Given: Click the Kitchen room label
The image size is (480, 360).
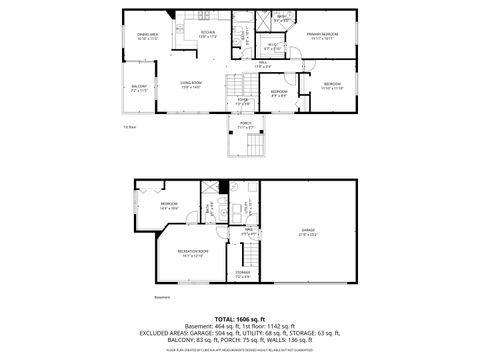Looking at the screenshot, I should tap(207, 35).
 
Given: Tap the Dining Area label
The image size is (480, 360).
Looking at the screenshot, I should tap(148, 37).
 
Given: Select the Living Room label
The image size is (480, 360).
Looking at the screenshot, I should tap(191, 85).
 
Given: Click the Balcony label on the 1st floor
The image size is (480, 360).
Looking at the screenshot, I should tap(138, 88).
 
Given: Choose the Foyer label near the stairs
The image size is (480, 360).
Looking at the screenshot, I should tap(242, 101).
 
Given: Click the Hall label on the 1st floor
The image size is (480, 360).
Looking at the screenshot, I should tap(262, 64).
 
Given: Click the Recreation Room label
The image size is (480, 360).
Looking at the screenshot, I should tap(193, 252).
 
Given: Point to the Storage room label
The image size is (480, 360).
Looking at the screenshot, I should tap(243, 273).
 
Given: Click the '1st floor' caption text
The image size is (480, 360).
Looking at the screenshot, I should tap(129, 127).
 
